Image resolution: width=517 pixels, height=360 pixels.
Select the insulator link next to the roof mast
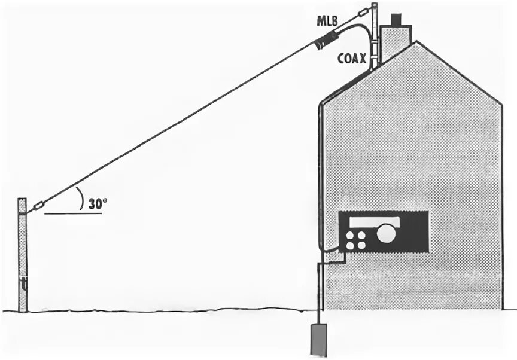click(x=363, y=13)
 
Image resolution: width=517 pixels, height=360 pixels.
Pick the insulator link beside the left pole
click(x=38, y=206)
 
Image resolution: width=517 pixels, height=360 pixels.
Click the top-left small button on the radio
click(x=350, y=235)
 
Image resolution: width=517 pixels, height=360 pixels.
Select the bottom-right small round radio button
click(x=361, y=245)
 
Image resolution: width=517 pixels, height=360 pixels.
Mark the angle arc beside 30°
click(x=80, y=197)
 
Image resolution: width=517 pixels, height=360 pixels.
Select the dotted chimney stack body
click(x=395, y=42)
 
